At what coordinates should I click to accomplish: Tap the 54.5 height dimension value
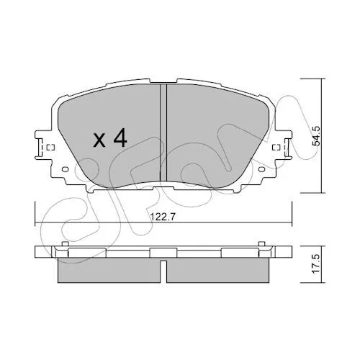tap(316, 136)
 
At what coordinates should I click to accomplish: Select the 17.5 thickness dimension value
tap(316, 264)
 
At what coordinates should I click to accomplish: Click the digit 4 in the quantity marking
tap(120, 137)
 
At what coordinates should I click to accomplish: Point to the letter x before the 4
tap(99, 140)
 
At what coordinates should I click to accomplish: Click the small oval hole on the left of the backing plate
tap(66, 169)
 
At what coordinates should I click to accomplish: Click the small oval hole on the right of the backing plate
tap(262, 169)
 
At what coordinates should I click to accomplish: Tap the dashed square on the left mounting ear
tap(51, 148)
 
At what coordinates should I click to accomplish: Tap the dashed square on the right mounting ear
tap(276, 148)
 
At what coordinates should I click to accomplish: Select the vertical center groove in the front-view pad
tap(163, 132)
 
